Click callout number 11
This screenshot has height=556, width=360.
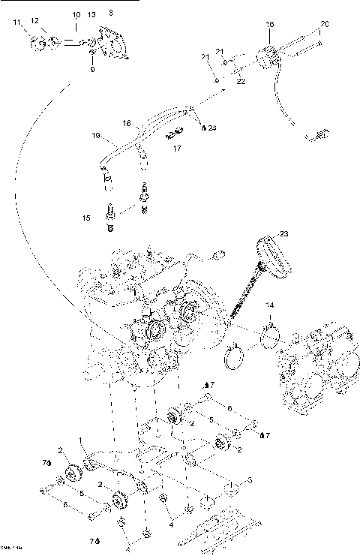click(16, 25)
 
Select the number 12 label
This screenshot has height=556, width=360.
click(34, 21)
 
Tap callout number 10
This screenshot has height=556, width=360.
click(76, 15)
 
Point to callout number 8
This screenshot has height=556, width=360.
click(112, 13)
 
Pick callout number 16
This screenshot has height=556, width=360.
click(270, 25)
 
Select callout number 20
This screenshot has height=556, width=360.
click(324, 25)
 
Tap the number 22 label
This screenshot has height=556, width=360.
click(241, 80)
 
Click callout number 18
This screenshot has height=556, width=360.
click(127, 122)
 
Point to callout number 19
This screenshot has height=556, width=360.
click(96, 137)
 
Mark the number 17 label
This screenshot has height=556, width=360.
click(177, 149)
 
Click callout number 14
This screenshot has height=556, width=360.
click(271, 305)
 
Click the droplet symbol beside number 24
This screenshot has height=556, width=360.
click(203, 128)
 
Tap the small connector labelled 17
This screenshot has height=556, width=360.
click(173, 136)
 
